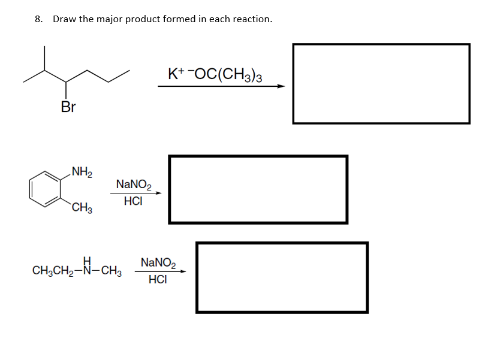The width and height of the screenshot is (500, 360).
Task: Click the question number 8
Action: point(38,19)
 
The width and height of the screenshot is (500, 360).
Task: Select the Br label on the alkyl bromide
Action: point(68,107)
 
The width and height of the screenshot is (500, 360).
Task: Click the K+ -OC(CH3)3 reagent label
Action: point(215,75)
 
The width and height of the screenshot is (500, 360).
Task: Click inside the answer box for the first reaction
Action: point(381,83)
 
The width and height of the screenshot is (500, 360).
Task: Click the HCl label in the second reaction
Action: point(133,202)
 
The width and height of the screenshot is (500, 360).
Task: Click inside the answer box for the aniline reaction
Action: point(258,189)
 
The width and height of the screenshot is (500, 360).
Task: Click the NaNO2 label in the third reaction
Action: point(158,262)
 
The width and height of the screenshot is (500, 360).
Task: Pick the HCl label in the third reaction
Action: point(157,280)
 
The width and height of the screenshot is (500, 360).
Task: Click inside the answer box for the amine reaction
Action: point(282,277)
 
